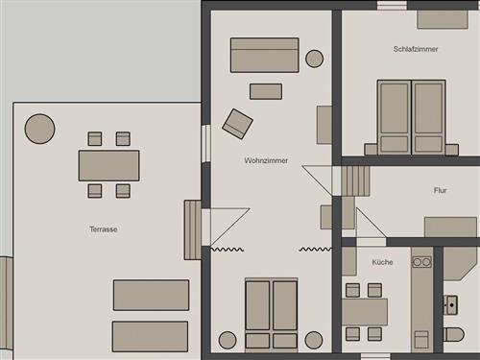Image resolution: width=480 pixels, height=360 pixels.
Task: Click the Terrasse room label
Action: pos(103,229)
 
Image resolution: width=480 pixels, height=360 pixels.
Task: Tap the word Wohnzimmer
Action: pos(266,160)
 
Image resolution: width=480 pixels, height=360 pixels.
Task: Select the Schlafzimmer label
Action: pos(416,49)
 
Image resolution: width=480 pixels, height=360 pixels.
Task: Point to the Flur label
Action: pos(440,190)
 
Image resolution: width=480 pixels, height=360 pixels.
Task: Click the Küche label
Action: pos(382,262)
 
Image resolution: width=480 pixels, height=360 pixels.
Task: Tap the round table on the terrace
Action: pos(39,129)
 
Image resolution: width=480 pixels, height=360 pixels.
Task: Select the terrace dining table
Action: pos(108,165)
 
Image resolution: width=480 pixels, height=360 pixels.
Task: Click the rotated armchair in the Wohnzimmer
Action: pos(237,124)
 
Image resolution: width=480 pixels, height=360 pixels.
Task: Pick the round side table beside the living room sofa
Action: pos(314,59)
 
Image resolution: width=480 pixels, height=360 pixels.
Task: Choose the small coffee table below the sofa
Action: pos(266,91)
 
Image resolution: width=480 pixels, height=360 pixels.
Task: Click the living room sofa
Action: pos(265,55)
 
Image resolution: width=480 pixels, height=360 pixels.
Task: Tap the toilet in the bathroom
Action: pos(453,334)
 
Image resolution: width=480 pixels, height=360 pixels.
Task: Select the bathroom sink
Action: pos(450,305)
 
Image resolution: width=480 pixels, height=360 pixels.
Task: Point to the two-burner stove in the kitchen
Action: pos(421,262)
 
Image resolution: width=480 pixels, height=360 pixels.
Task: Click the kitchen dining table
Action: pos(365,312)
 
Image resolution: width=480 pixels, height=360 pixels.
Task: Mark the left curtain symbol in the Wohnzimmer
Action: pos(228,249)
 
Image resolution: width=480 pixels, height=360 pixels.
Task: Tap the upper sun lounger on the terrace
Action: pos(151,295)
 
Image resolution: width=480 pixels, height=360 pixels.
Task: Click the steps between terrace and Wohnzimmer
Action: pos(192,229)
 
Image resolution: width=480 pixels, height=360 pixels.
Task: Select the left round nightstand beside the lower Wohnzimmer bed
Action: pos(228,340)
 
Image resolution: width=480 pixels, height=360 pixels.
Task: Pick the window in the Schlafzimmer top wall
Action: pos(392,6)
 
